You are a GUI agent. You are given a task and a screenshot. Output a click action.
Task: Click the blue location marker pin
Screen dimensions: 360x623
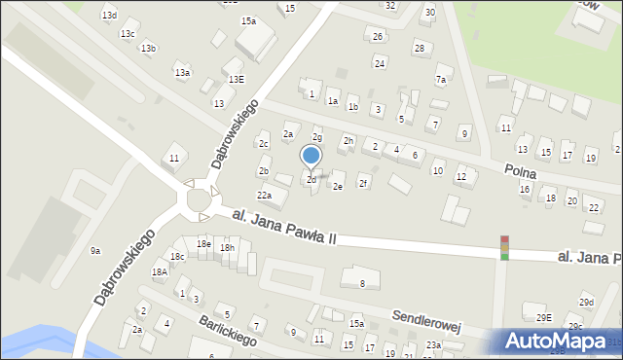coord(311,157)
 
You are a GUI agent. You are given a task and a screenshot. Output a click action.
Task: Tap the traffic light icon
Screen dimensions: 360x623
coord(504,247)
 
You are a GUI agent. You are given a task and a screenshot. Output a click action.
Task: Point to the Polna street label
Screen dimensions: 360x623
coord(522,171)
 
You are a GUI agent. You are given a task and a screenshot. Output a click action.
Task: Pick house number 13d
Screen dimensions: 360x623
coord(109,16)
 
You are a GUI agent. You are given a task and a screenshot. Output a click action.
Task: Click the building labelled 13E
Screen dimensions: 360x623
coord(236,79)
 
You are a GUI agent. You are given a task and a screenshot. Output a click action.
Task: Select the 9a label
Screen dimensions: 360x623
coord(95,251)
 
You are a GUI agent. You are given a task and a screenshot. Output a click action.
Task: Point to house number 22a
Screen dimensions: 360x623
coord(264,196)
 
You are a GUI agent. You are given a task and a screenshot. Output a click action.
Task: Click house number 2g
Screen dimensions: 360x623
coord(316,137)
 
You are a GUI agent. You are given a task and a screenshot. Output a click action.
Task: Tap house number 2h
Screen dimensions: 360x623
coord(348,141)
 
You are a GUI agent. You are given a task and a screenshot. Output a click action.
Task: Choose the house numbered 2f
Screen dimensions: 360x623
coord(363,182)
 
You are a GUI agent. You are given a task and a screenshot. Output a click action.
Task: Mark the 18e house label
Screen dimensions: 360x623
coord(202,243)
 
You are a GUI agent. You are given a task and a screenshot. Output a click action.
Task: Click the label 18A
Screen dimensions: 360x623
coord(159,272)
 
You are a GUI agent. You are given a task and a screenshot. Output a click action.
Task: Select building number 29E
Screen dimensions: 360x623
coord(543,317)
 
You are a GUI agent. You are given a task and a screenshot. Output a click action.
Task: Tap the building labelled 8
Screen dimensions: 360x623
coord(362,283)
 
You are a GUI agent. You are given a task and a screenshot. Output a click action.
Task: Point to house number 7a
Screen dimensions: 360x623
coord(441,80)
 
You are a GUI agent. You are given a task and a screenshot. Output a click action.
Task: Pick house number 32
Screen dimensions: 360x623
coord(389,5)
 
